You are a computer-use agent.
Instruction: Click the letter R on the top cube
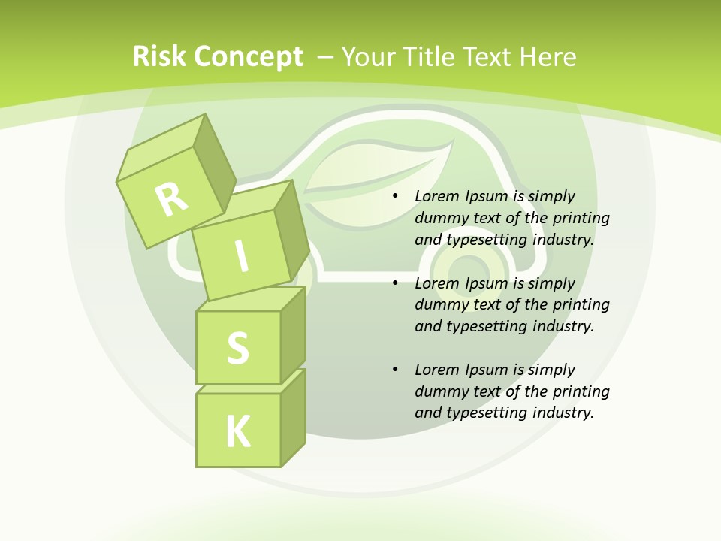coord(172,199)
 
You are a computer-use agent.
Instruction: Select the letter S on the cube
coord(237,348)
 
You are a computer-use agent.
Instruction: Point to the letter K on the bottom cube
coord(238,431)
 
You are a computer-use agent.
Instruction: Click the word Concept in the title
coord(248,57)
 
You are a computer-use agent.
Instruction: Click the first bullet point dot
coord(396,197)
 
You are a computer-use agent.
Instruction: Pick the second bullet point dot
coord(396,283)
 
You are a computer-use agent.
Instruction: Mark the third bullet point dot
coord(396,370)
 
